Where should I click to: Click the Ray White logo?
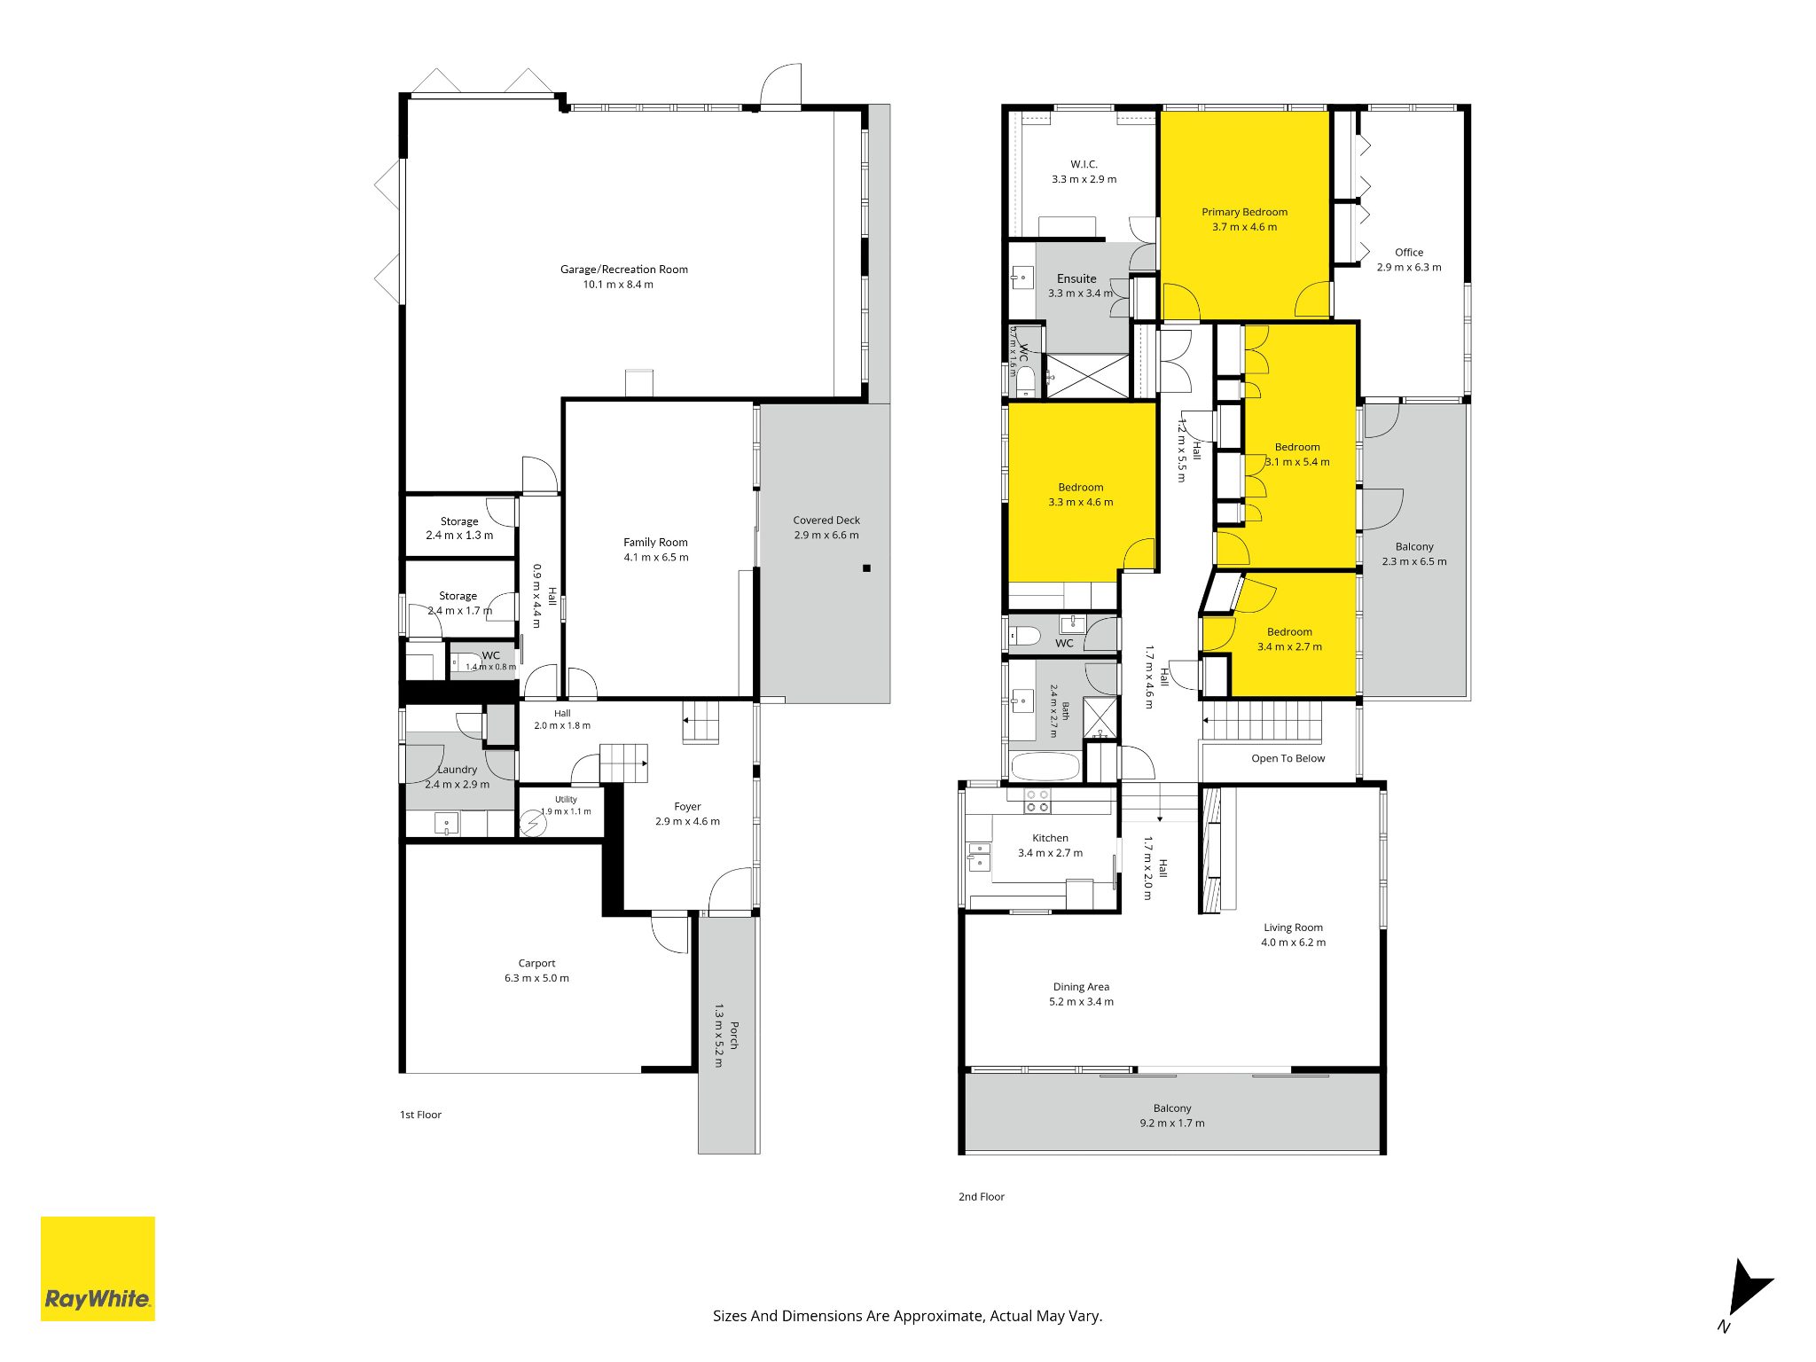coord(98,1268)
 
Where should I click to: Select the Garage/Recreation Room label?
coord(624,270)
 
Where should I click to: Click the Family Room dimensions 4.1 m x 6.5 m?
coord(656,558)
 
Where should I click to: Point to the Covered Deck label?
coord(826,521)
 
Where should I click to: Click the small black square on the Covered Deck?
coord(867,568)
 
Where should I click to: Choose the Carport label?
coord(537,963)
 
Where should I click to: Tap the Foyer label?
coord(687,807)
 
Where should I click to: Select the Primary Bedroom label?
coord(1245,212)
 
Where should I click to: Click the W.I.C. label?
coord(1084,164)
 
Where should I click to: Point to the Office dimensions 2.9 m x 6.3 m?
coord(1409,267)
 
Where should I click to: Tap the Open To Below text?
coord(1288,758)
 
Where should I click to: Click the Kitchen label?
coord(1051,838)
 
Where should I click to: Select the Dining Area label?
coord(1081,987)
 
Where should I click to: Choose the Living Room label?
coord(1294,928)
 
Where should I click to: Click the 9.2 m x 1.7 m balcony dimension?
coord(1172,1123)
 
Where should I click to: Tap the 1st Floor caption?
coord(420,1115)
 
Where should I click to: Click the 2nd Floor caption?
coord(982,1197)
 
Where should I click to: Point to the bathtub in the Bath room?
coord(1045,766)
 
